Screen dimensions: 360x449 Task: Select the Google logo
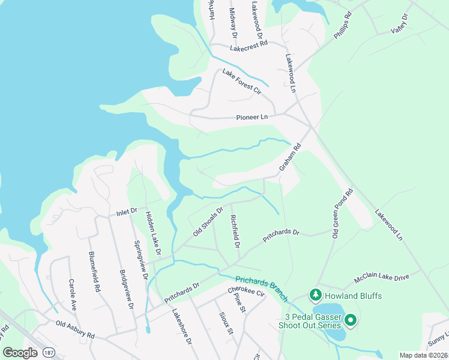tap(20, 353)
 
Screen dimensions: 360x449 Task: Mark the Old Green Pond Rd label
tap(342, 214)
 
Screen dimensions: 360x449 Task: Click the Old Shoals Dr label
tap(208, 221)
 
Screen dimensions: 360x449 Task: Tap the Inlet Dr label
tap(127, 212)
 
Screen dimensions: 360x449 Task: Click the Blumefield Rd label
tap(94, 271)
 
